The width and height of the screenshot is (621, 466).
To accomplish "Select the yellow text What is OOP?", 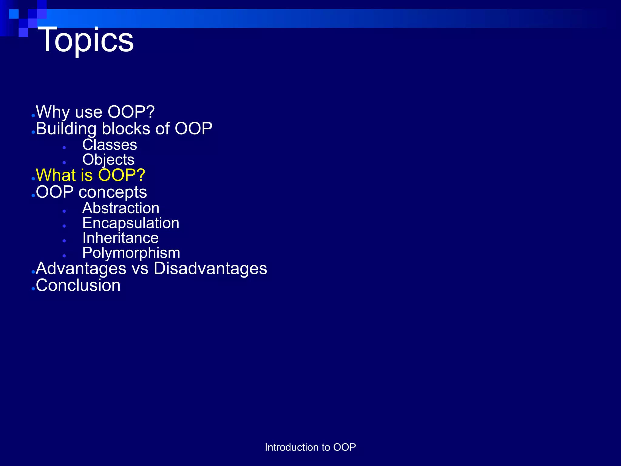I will pyautogui.click(x=90, y=175).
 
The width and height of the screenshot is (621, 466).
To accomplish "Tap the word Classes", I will pyautogui.click(x=109, y=145).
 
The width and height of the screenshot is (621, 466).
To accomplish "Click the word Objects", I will pyautogui.click(x=108, y=160).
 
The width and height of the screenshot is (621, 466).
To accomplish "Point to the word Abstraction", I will pyautogui.click(x=121, y=208).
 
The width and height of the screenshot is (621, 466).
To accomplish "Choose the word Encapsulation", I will pyautogui.click(x=131, y=223).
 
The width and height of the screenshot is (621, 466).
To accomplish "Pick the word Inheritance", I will pyautogui.click(x=120, y=238).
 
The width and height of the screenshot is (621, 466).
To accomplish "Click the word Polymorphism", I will pyautogui.click(x=131, y=253).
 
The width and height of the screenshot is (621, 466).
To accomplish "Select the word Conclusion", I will pyautogui.click(x=78, y=285).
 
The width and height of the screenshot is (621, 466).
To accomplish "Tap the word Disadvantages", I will pyautogui.click(x=210, y=268).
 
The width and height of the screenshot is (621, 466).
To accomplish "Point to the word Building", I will pyautogui.click(x=66, y=129).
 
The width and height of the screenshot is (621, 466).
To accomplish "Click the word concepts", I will pyautogui.click(x=112, y=192).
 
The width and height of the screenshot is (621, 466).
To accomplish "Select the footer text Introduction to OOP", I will pyautogui.click(x=310, y=447).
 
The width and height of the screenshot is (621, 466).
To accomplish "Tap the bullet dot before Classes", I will pyautogui.click(x=64, y=148).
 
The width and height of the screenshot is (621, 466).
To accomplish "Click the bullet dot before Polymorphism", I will pyautogui.click(x=64, y=256).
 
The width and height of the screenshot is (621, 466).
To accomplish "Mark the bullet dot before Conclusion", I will pyautogui.click(x=33, y=289).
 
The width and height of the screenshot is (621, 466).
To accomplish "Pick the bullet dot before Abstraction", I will pyautogui.click(x=64, y=211).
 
